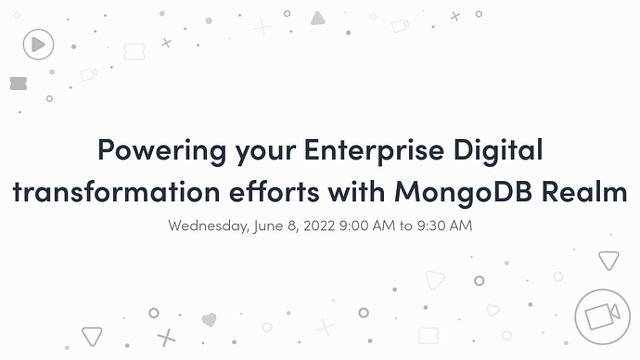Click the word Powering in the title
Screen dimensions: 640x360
pyautogui.click(x=162, y=150)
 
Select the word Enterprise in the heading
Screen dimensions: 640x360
pyautogui.click(x=374, y=150)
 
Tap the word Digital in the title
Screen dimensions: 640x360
pyautogui.click(x=498, y=150)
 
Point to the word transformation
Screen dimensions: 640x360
pyautogui.click(x=116, y=191)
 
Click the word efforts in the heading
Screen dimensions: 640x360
pyautogui.click(x=275, y=191)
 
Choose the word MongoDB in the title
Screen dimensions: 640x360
pyautogui.click(x=463, y=192)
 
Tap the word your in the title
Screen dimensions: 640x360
pyautogui.click(x=265, y=153)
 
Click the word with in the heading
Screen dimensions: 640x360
pyautogui.click(x=357, y=191)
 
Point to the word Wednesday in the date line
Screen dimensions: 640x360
pyautogui.click(x=209, y=225)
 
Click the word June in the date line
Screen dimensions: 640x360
pyautogui.click(x=268, y=225)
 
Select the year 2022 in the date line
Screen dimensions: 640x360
pyautogui.click(x=319, y=225)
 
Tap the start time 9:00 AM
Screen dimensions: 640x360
pyautogui.click(x=367, y=225)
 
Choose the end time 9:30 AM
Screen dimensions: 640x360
pyautogui.click(x=444, y=225)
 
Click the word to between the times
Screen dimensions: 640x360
pyautogui.click(x=405, y=225)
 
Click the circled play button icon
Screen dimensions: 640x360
pyautogui.click(x=38, y=45)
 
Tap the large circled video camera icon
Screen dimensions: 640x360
pyautogui.click(x=603, y=316)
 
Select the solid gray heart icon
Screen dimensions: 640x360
pyautogui.click(x=209, y=319)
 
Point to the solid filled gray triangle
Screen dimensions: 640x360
pyautogui.click(x=317, y=19)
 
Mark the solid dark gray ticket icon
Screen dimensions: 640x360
pyautogui.click(x=19, y=84)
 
